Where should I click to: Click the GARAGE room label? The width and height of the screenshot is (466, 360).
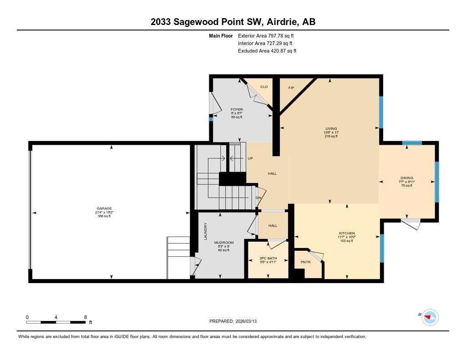pos(104,208)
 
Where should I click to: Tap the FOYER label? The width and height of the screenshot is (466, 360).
pos(237,109)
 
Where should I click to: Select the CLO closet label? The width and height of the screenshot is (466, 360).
pos(263,86)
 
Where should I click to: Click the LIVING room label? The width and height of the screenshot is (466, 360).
pos(331,128)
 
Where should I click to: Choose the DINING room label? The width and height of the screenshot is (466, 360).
pos(406,178)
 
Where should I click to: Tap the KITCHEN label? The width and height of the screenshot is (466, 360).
pos(346,233)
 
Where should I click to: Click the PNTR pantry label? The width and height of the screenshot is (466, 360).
pos(305,262)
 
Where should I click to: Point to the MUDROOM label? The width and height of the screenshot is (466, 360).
pos(224,243)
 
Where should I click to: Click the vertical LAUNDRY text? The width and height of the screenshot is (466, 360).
pos(206,231)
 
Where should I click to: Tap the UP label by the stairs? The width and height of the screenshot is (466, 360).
pos(250,158)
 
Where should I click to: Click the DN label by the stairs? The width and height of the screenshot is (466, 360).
pos(258,198)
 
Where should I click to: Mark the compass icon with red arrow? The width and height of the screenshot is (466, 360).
pos(430,317)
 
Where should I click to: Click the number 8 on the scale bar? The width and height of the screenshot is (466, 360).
pos(85,317)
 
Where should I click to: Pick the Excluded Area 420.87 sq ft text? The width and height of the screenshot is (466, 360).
pos(267,51)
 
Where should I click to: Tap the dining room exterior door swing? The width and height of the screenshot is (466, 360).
pos(411,224)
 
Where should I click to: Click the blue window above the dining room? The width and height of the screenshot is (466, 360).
pos(412,143)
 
